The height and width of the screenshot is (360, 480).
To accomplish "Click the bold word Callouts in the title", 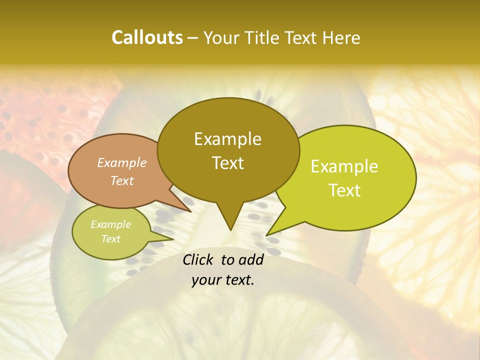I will pos(147,37).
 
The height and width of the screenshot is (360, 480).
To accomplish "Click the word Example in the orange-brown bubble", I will pos(122,162).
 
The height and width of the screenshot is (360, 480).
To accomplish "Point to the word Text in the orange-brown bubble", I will pos(122,180).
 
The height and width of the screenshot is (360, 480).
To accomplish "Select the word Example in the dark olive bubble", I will pos(227,139).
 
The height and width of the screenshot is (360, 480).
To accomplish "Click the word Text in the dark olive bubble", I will pos(227,163).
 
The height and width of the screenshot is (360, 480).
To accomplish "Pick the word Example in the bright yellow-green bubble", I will pos(344,166).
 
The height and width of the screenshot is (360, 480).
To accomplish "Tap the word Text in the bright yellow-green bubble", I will pos(344,190).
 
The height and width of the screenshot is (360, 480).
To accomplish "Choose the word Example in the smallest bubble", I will pos(110,224).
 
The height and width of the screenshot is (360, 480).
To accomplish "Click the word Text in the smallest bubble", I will pos(110,239).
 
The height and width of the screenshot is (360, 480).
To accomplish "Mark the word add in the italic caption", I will pos(251,259).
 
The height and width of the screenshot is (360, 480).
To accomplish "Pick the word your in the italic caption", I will pos(206,280).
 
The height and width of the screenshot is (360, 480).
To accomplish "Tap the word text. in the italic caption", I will pos(238,280).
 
